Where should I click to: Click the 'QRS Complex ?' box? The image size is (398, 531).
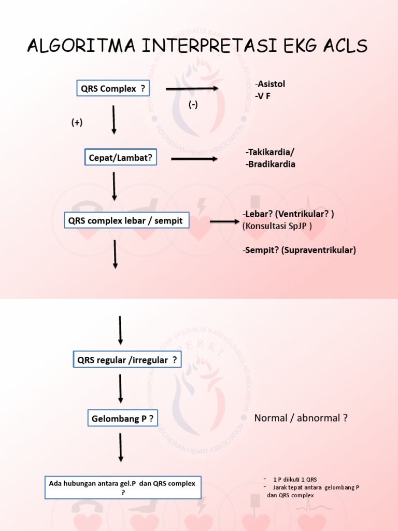tap(112, 89)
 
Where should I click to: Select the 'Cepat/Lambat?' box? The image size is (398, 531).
tap(120, 158)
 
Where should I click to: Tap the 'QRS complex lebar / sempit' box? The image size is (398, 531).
tap(126, 221)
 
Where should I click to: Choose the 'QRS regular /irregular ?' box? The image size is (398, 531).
tap(127, 360)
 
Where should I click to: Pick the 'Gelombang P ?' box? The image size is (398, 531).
tap(121, 418)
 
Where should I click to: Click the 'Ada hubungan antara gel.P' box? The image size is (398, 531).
tap(122, 487)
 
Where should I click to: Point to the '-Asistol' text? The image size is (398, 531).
tap(270, 84)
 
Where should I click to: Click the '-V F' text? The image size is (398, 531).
tap(263, 96)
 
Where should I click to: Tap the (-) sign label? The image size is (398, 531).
tap(193, 105)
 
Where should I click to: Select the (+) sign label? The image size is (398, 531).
tap(77, 122)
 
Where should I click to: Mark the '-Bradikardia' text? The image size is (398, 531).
tap(270, 164)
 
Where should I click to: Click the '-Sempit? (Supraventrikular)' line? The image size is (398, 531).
tap(298, 250)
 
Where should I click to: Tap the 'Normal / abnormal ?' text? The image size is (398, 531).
tap(301, 418)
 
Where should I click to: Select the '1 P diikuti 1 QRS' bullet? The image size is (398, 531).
tap(292, 479)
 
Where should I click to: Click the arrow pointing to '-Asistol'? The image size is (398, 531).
tap(192, 89)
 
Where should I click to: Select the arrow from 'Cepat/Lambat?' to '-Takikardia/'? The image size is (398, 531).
tap(195, 159)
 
